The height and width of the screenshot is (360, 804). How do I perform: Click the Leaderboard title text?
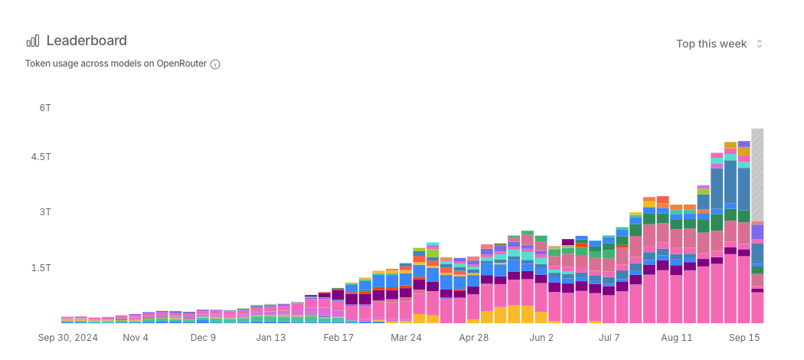click(x=87, y=41)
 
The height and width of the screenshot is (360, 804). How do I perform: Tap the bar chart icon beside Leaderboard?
click(x=33, y=41)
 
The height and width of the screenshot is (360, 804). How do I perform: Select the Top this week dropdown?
click(x=719, y=44)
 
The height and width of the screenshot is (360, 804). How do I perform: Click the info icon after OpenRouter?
click(x=215, y=64)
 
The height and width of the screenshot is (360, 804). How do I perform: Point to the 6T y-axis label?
click(x=45, y=108)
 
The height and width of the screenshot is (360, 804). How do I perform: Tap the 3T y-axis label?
click(x=45, y=211)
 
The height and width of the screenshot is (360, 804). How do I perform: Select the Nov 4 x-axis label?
click(x=136, y=337)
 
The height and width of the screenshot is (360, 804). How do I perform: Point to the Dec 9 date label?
click(x=203, y=337)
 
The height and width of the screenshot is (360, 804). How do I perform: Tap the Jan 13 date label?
click(x=270, y=337)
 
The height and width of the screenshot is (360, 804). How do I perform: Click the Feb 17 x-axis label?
click(x=338, y=337)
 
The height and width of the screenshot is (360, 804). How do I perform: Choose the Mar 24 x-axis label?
click(x=406, y=337)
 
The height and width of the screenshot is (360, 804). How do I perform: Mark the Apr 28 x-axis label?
click(x=473, y=337)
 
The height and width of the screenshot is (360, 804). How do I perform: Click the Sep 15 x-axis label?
click(x=744, y=337)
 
